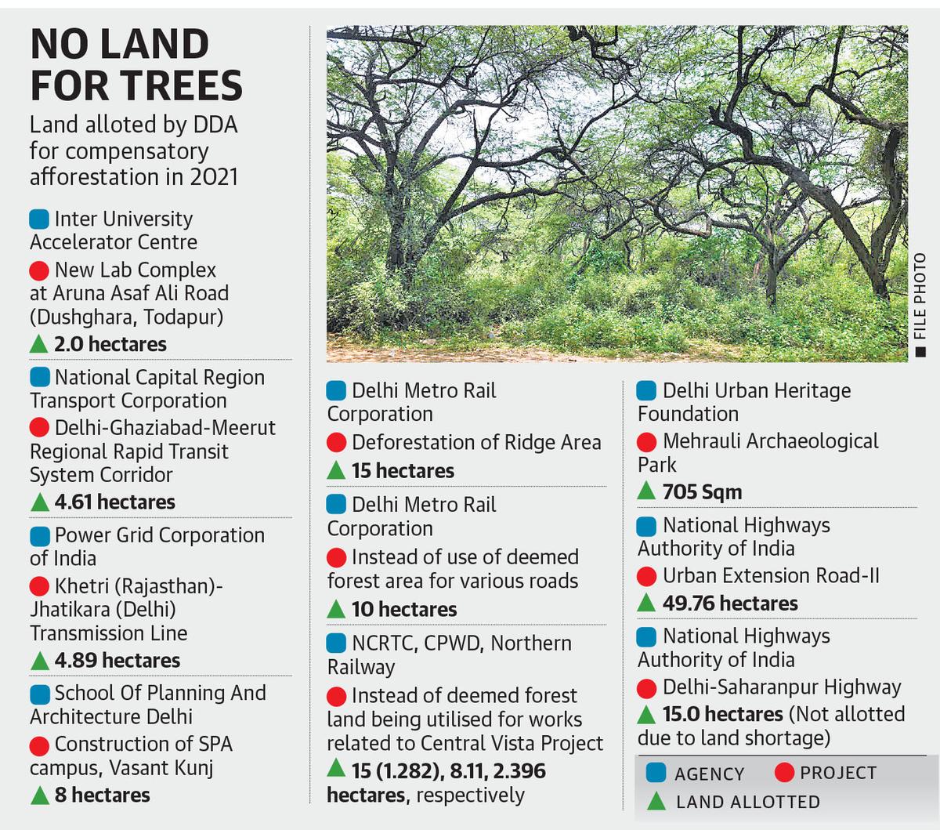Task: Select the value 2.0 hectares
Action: click(110, 344)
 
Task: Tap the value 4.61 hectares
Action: click(114, 502)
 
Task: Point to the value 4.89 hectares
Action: click(117, 660)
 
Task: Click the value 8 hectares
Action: click(102, 795)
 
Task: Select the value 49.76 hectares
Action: click(730, 603)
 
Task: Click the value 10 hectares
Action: click(404, 609)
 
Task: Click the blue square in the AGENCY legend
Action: click(656, 773)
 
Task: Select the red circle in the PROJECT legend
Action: click(784, 773)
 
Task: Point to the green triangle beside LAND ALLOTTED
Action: click(656, 801)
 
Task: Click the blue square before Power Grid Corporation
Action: click(40, 536)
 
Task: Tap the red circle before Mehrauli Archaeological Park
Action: click(647, 442)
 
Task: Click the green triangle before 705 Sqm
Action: click(647, 491)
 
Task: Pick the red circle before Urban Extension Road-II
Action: click(647, 577)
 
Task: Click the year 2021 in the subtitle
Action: click(213, 176)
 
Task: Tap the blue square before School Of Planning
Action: click(40, 694)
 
